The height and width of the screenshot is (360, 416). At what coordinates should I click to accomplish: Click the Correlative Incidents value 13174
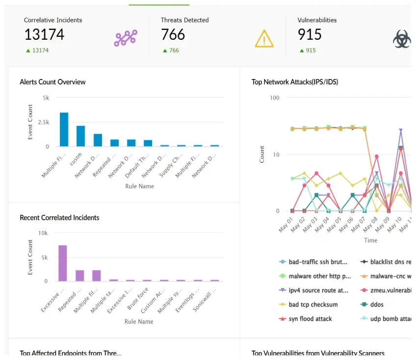(44, 34)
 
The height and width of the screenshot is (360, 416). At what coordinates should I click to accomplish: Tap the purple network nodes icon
(126, 38)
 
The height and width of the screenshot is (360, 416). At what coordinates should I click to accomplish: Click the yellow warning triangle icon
(264, 38)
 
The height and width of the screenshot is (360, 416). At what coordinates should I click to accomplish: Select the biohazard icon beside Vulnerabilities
(402, 39)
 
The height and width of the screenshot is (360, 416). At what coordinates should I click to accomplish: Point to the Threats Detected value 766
(173, 34)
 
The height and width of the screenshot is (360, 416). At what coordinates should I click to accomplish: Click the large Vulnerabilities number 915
(310, 34)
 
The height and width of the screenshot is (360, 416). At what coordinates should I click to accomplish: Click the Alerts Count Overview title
(52, 82)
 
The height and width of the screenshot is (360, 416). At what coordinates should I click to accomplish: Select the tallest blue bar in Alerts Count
(64, 129)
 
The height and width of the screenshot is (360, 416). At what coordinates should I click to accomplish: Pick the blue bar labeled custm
(80, 136)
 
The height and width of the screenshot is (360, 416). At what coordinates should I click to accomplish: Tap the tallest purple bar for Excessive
(63, 263)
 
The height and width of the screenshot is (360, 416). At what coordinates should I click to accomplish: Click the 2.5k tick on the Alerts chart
(43, 122)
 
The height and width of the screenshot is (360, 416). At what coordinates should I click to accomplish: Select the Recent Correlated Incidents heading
(59, 217)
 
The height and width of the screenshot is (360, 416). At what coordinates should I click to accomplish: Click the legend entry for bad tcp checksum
(313, 305)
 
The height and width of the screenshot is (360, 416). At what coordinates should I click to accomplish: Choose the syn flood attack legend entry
(310, 319)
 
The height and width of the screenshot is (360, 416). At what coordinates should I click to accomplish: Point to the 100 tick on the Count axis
(275, 98)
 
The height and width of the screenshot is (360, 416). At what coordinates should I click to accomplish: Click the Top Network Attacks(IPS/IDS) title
(295, 82)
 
